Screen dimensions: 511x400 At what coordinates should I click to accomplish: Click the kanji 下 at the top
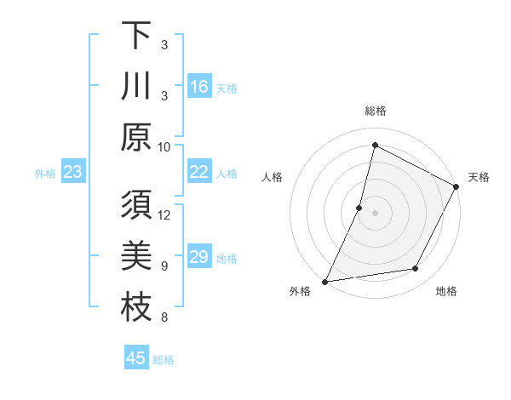point(136,37)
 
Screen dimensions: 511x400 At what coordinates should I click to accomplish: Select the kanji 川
point(136,86)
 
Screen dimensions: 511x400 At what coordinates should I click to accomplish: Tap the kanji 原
point(136,136)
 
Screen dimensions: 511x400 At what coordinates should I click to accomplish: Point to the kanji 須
point(136,207)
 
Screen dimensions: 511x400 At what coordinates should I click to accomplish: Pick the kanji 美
point(136,256)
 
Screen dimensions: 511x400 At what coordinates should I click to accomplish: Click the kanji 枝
point(136,306)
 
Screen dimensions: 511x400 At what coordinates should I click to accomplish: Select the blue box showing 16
point(199,87)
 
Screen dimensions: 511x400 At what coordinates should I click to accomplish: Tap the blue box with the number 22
point(199,172)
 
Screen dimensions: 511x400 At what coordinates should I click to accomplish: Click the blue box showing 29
point(199,257)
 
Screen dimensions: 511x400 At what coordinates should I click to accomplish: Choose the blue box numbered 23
point(73,172)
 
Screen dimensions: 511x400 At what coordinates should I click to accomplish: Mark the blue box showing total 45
point(136,358)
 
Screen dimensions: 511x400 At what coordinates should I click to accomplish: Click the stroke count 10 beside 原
point(164,146)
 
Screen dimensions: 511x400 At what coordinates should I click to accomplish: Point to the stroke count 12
point(164,214)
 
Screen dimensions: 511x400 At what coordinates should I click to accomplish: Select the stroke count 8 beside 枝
point(164,318)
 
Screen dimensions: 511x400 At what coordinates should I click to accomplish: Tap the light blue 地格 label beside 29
point(227,258)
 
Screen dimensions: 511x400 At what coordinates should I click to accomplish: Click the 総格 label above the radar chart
point(375,111)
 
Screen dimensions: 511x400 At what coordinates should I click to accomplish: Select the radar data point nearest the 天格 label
point(456,186)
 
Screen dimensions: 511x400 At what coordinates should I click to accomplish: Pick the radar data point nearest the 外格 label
point(324,282)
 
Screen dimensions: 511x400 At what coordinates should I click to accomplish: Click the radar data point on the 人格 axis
point(359,208)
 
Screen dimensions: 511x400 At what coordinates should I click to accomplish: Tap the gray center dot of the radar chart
point(375,213)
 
